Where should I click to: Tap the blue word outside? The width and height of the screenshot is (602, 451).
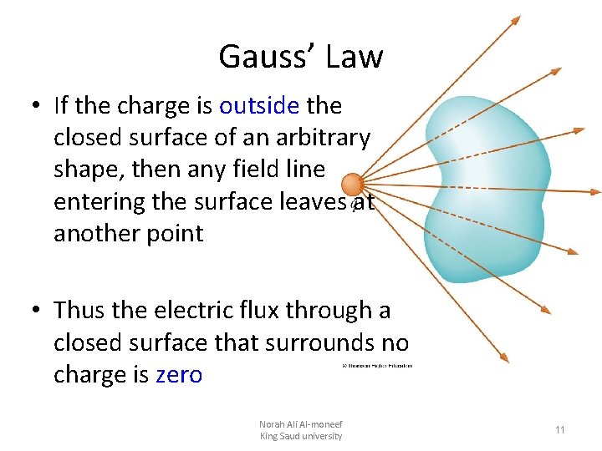258,106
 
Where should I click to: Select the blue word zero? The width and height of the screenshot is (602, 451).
179,374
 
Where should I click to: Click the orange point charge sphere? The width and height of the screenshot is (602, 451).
352,184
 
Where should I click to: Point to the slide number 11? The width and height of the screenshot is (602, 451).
560,430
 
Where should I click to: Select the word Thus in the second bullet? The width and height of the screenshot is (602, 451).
79,310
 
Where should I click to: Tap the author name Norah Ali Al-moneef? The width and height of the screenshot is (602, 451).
301,424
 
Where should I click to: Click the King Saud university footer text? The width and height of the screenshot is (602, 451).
301,436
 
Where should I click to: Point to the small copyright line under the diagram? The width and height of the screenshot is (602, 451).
377,366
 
